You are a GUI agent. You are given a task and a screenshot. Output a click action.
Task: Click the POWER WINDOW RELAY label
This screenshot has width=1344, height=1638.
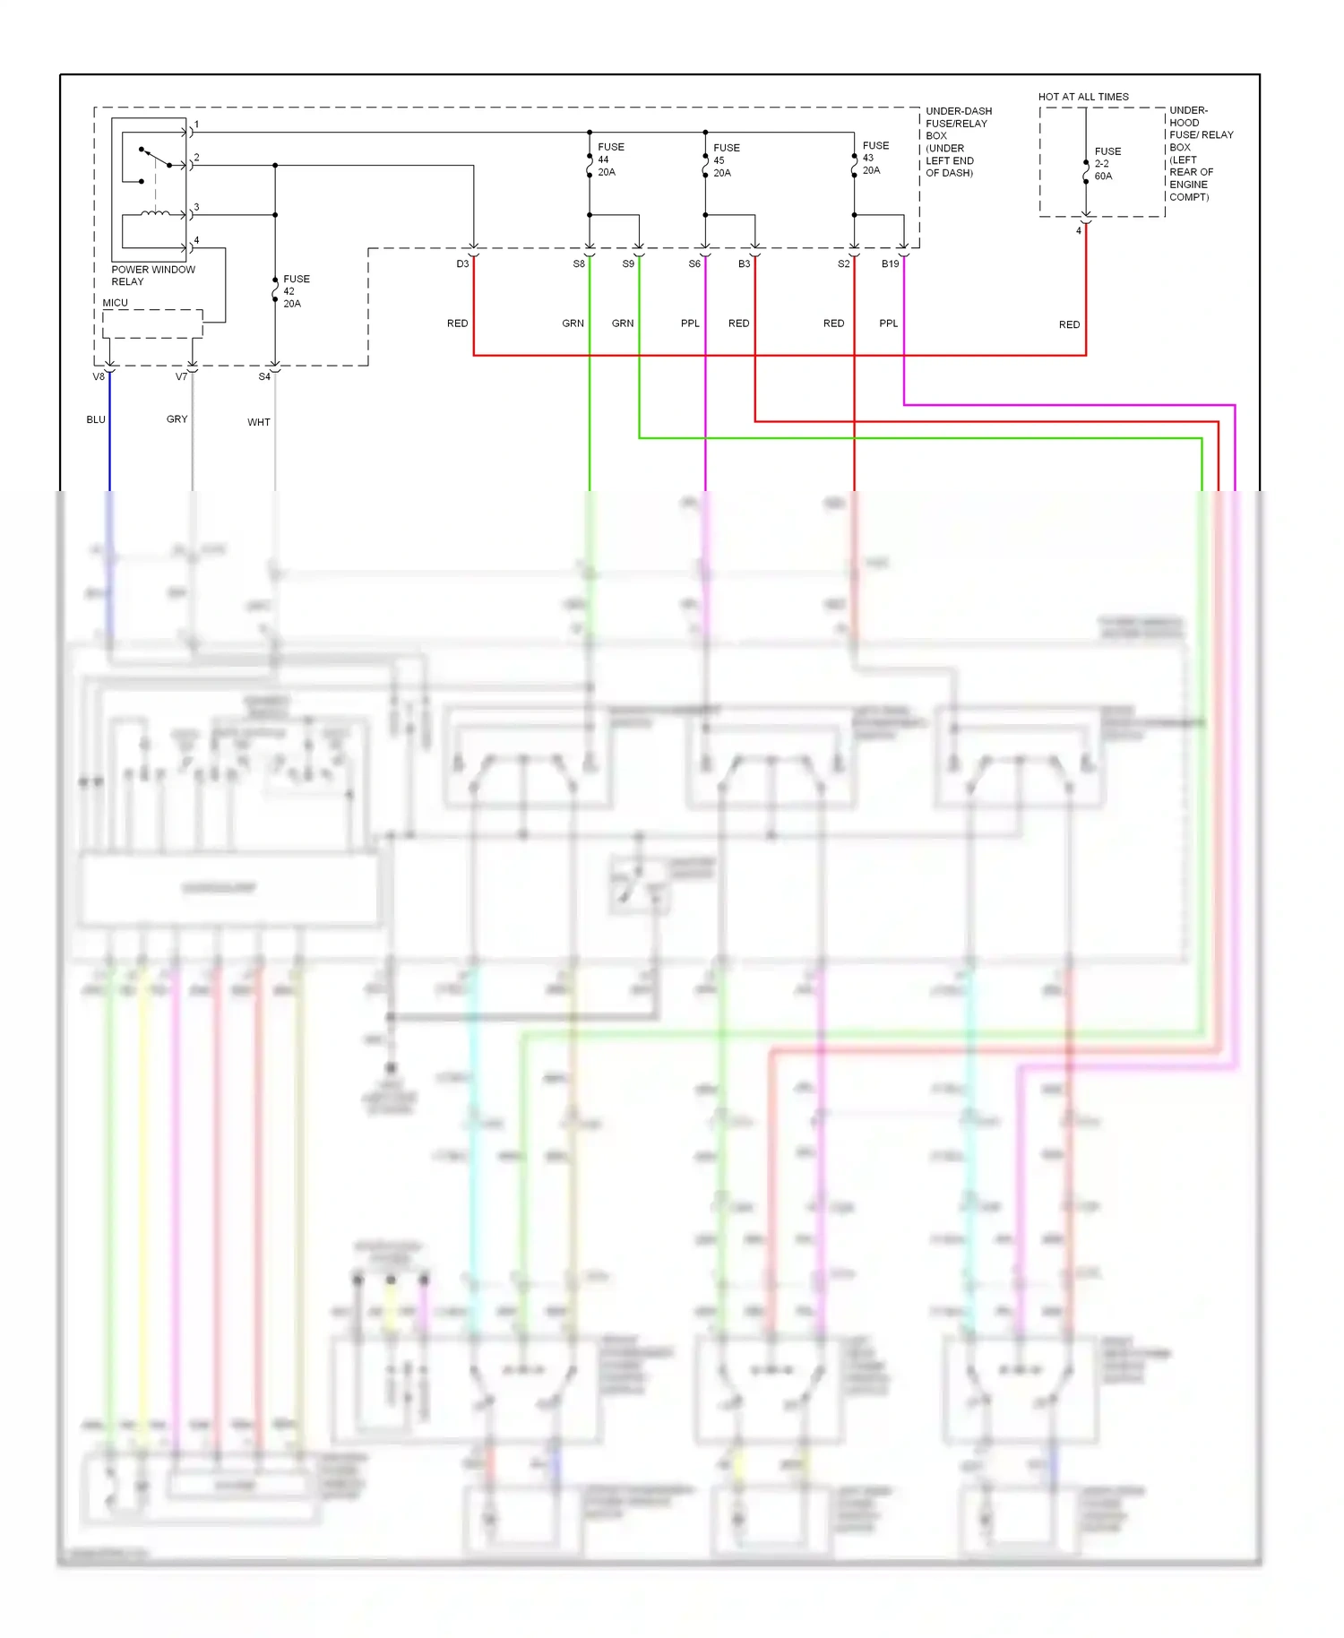click(x=152, y=275)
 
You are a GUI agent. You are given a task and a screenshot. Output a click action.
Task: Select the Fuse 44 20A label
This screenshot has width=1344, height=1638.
click(x=610, y=159)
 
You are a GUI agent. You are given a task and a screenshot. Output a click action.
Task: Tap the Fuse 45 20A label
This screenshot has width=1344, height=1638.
click(x=726, y=160)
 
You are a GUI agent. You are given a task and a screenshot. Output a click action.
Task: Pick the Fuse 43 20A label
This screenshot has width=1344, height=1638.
click(x=874, y=158)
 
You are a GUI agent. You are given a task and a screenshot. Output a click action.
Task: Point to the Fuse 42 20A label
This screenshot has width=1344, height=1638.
click(x=296, y=291)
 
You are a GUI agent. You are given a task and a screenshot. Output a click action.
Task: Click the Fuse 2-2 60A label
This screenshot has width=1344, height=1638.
click(x=1107, y=164)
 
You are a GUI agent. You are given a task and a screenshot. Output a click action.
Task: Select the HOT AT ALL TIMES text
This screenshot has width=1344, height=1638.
click(x=1082, y=97)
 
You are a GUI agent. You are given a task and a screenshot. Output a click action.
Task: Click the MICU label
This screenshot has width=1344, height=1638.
click(x=115, y=303)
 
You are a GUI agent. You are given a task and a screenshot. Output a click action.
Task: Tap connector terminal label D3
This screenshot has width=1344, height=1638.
click(x=462, y=264)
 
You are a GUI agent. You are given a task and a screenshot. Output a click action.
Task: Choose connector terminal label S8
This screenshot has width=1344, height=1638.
click(x=579, y=264)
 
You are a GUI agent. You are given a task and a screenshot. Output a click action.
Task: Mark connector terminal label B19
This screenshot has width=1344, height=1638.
click(x=890, y=264)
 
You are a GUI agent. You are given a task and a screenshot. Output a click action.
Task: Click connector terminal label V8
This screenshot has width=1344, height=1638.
click(x=99, y=377)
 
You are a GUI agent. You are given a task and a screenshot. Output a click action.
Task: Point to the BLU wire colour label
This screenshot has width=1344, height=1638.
click(x=96, y=419)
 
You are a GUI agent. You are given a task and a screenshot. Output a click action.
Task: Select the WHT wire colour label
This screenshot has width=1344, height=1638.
click(x=258, y=422)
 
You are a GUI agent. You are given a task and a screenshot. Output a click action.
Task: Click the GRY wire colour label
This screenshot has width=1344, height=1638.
click(x=177, y=419)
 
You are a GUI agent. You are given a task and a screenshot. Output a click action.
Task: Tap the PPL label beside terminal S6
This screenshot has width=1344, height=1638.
click(x=690, y=323)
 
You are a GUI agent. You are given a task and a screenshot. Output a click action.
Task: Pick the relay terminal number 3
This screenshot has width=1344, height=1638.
click(x=196, y=207)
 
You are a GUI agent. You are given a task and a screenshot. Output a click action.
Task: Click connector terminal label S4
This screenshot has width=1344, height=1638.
click(x=264, y=377)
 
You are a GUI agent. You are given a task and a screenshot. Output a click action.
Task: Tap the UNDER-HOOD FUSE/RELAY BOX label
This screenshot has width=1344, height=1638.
click(x=1200, y=153)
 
